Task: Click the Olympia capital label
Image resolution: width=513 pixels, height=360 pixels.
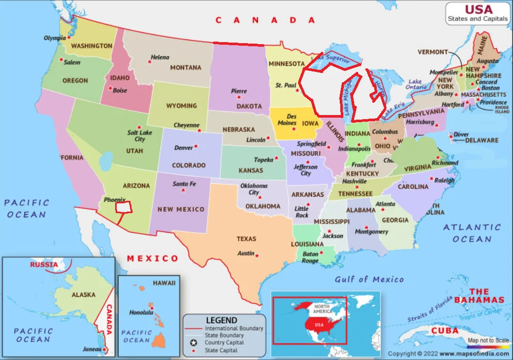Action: pyautogui.click(x=54, y=38)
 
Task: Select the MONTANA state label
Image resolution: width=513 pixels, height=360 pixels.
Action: pyautogui.click(x=186, y=68)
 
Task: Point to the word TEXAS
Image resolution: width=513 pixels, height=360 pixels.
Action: pyautogui.click(x=246, y=239)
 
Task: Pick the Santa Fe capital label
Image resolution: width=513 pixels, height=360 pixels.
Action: pyautogui.click(x=184, y=184)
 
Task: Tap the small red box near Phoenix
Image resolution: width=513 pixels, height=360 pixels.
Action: pyautogui.click(x=123, y=207)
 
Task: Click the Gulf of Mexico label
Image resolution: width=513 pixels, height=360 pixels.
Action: pyautogui.click(x=369, y=279)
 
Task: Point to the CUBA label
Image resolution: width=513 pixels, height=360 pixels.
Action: pyautogui.click(x=445, y=330)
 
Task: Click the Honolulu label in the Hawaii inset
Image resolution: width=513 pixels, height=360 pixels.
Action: pyautogui.click(x=141, y=312)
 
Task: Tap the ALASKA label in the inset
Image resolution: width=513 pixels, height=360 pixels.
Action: pyautogui.click(x=83, y=295)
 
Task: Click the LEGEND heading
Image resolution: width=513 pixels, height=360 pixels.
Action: pyautogui.click(x=222, y=320)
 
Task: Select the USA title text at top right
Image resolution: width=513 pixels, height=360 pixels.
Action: pyautogui.click(x=479, y=10)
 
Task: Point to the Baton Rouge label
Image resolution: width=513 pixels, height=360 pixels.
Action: pyautogui.click(x=310, y=257)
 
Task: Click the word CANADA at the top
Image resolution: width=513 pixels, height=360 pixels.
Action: pyautogui.click(x=265, y=20)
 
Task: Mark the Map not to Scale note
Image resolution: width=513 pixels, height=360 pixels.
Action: pyautogui.click(x=488, y=340)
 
